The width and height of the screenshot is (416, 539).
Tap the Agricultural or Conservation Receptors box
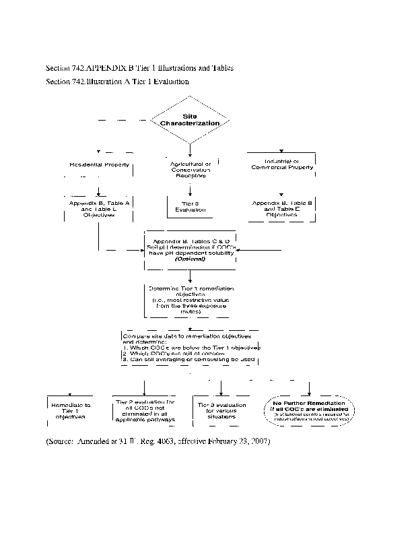(x=190, y=169)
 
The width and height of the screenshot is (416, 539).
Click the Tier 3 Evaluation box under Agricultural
(x=190, y=206)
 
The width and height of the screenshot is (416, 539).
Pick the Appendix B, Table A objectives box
(x=99, y=208)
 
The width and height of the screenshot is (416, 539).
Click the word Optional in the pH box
(x=190, y=258)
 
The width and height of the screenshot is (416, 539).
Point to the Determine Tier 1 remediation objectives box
(x=190, y=299)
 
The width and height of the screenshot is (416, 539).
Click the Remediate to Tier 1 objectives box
(x=70, y=410)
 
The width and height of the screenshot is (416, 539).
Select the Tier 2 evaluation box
(x=145, y=410)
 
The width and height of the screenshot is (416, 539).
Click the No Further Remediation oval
(x=310, y=410)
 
